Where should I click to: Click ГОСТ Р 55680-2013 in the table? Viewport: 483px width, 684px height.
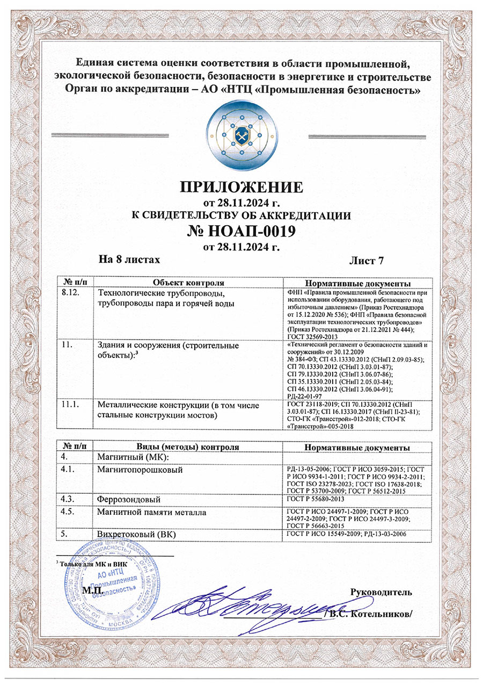317,499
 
